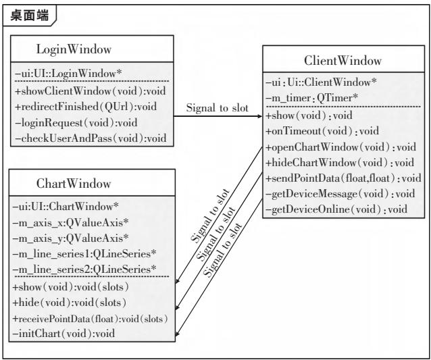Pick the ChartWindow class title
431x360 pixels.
pyautogui.click(x=74, y=185)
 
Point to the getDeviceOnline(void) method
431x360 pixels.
pyautogui.click(x=336, y=209)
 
